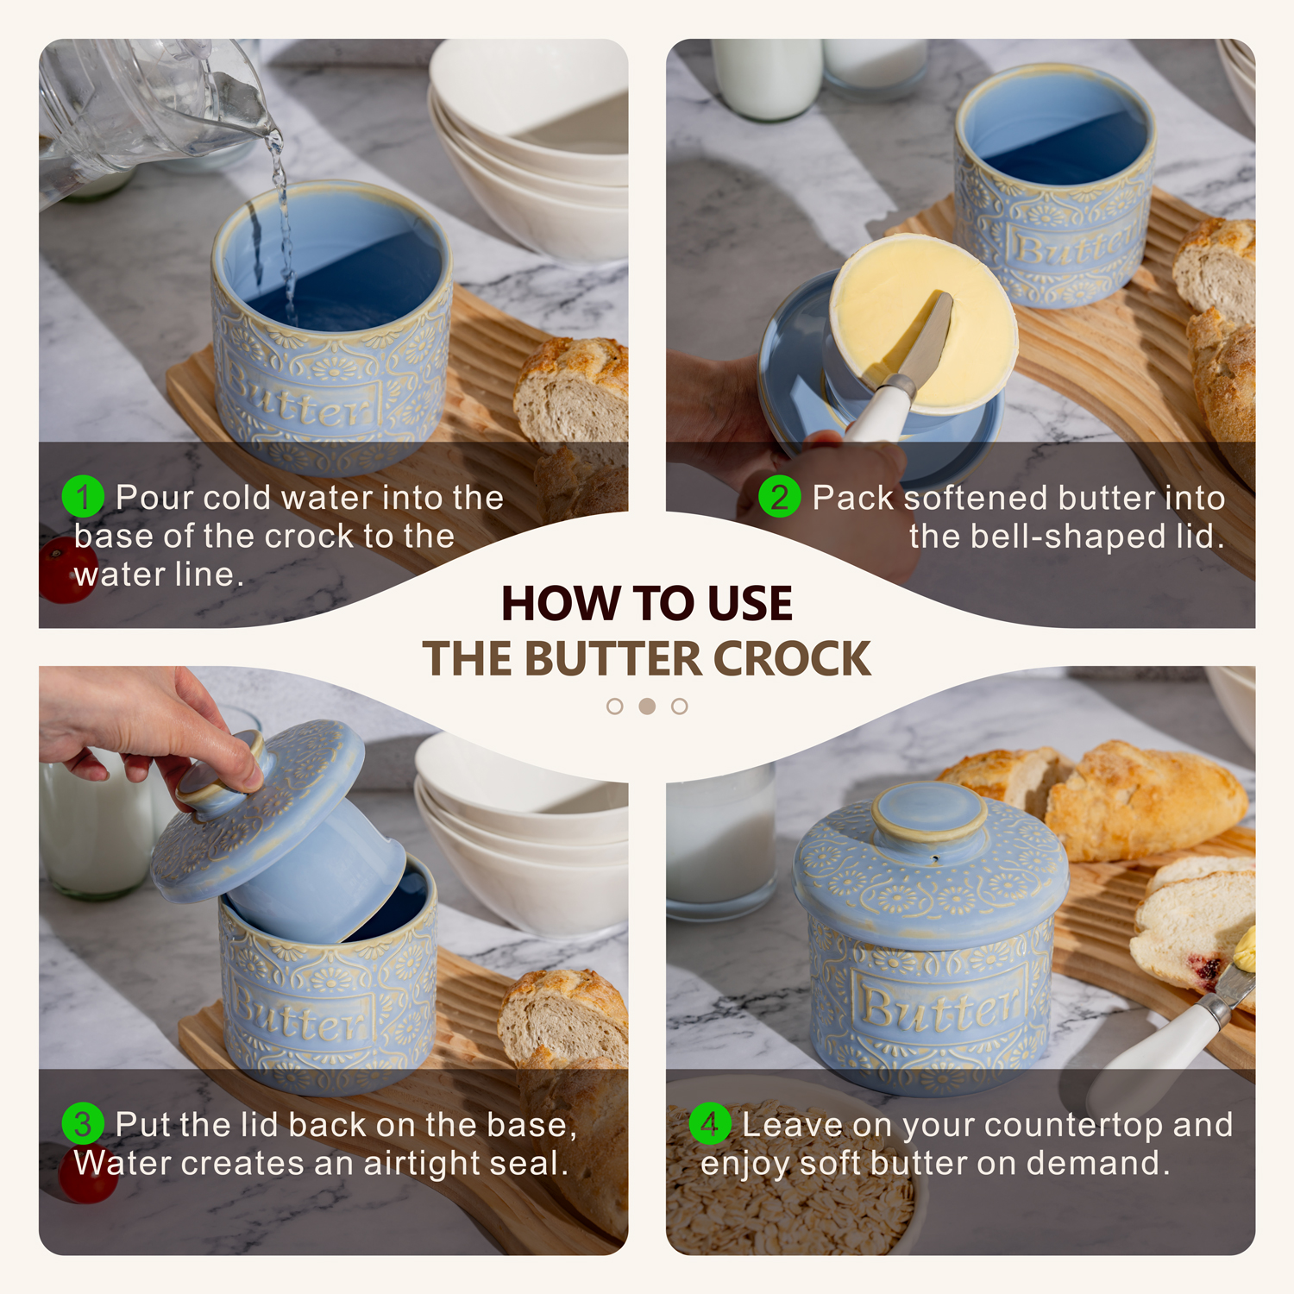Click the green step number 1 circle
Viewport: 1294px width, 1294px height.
coord(83,497)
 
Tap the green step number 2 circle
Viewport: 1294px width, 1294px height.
coord(779,497)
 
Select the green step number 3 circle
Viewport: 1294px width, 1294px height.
coord(83,1124)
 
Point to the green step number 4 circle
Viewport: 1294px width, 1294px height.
coord(710,1124)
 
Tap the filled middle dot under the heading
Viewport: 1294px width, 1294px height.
coord(647,707)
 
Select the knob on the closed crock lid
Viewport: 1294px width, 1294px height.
coord(928,811)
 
